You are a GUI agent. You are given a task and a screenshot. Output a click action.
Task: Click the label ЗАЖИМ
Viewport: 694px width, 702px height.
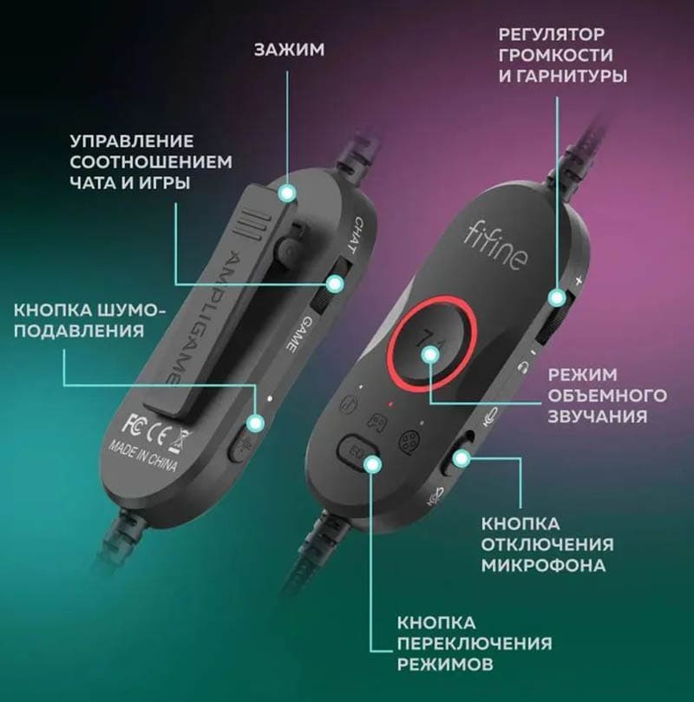[289, 49]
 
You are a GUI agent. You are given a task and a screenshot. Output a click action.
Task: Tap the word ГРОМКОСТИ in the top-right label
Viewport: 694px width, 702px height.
[556, 55]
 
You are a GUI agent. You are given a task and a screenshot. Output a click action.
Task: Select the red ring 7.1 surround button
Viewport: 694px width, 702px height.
[430, 344]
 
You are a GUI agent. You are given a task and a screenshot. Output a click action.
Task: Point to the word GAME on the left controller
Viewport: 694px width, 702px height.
[296, 334]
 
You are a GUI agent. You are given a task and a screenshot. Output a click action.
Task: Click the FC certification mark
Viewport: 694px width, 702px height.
[134, 423]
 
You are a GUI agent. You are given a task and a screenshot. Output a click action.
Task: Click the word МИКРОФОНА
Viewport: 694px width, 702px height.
[543, 565]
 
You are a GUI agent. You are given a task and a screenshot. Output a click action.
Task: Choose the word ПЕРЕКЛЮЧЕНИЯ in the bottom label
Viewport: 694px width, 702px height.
[475, 643]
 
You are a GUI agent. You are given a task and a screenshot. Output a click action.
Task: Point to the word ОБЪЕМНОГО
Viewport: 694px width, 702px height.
[607, 396]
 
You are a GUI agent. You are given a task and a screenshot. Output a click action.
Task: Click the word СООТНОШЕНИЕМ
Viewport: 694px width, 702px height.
[151, 161]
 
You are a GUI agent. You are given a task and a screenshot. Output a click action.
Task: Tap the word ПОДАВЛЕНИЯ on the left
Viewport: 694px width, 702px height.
[79, 331]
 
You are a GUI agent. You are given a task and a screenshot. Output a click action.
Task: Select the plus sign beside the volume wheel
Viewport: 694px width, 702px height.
[579, 281]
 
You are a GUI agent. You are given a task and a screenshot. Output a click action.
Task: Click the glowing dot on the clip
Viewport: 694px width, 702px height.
[287, 193]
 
